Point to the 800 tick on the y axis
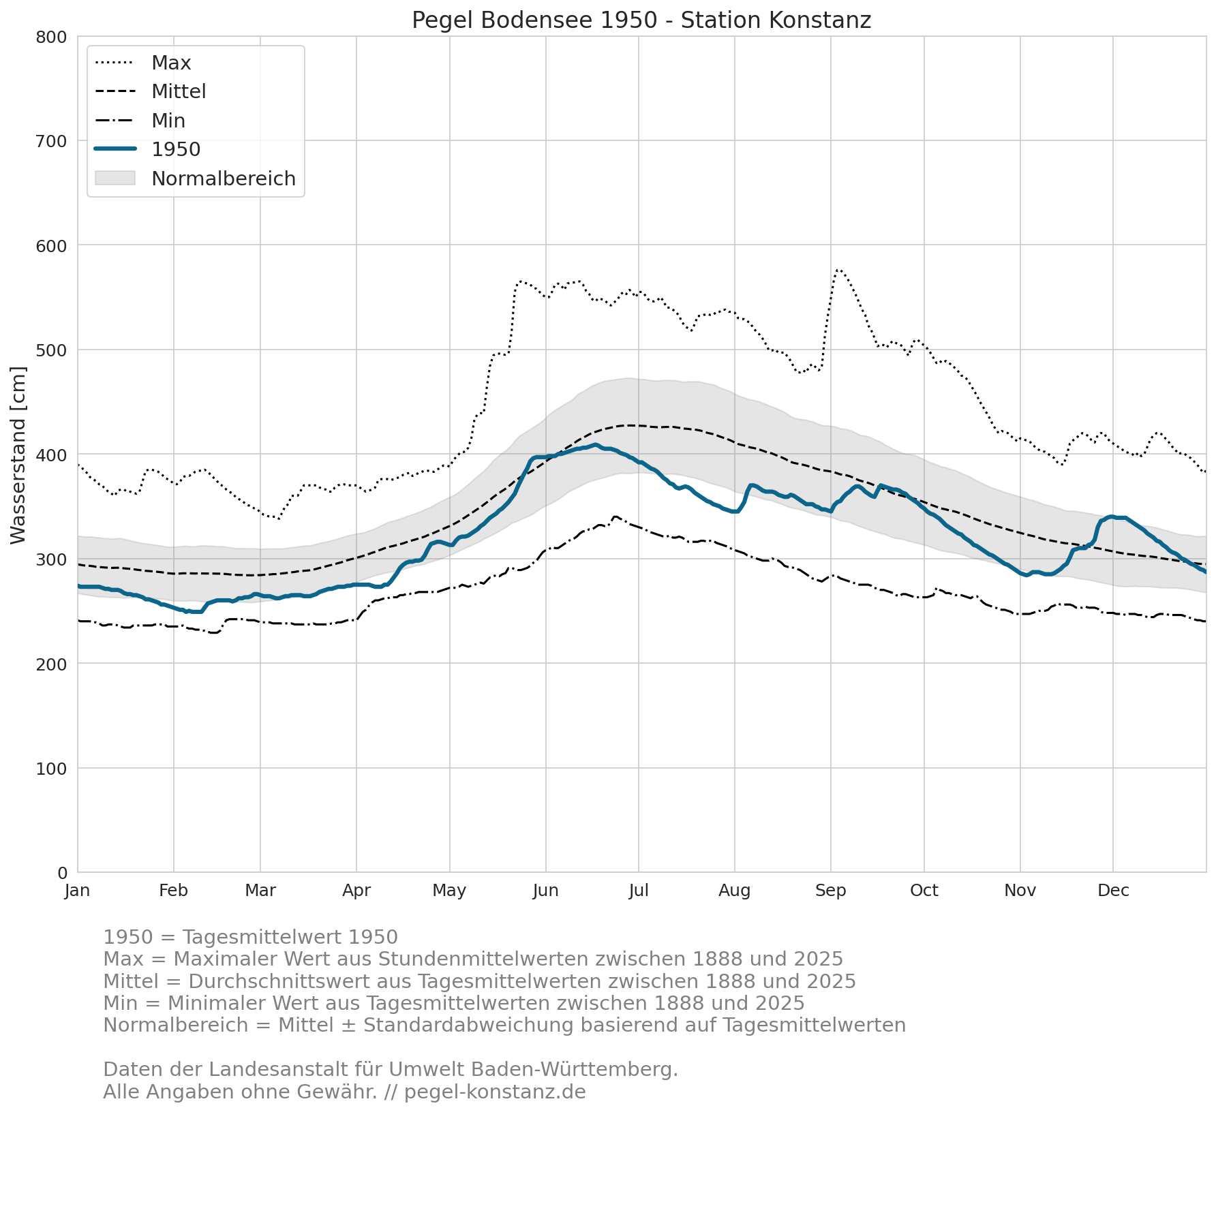(51, 37)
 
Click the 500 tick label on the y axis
(51, 350)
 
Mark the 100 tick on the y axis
(51, 769)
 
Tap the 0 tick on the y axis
(63, 873)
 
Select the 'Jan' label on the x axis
(78, 891)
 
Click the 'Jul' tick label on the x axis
(639, 891)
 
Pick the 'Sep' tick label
(831, 891)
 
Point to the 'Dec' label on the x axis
(1113, 891)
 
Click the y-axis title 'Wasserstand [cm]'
(18, 455)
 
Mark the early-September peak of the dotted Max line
(838, 270)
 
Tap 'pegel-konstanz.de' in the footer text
(495, 1092)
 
